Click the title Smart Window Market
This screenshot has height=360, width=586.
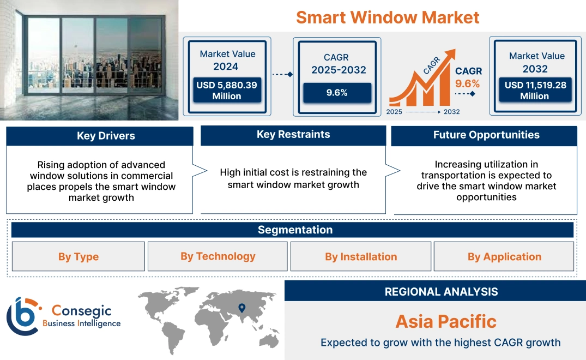[x=388, y=17]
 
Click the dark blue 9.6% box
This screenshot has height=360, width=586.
[x=337, y=93]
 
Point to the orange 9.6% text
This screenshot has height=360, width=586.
[x=468, y=83]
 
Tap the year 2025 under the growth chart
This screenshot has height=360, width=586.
[x=395, y=112]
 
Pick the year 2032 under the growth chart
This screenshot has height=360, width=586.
[x=451, y=112]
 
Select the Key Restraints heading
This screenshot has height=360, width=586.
[x=293, y=135]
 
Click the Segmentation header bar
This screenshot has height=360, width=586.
[x=295, y=230]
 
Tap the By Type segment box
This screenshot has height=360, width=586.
[x=78, y=257]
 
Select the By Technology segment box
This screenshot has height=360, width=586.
[x=218, y=256]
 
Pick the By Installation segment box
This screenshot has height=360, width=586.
[x=361, y=257]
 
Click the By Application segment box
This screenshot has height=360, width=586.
[x=504, y=257]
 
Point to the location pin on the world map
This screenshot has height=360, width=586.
[x=241, y=308]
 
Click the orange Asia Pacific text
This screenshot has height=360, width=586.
[x=446, y=321]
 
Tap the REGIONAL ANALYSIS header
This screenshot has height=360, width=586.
[x=441, y=292]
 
